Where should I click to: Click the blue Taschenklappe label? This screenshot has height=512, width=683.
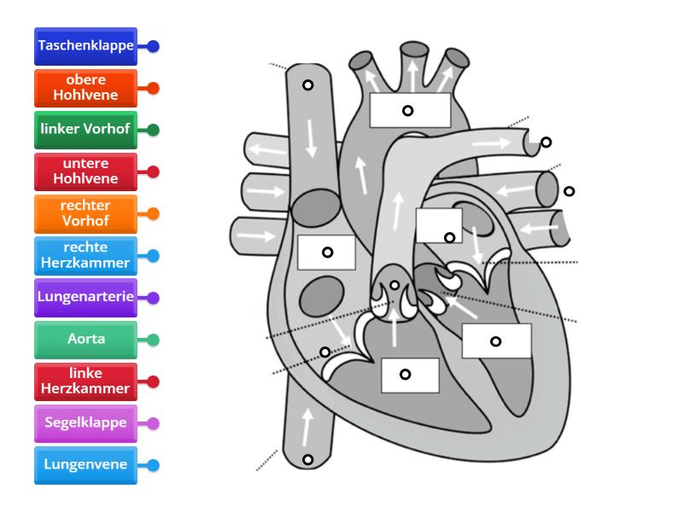(x=85, y=47)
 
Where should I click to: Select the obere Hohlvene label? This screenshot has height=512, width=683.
(x=85, y=88)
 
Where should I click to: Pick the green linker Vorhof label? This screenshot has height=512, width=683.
(x=85, y=130)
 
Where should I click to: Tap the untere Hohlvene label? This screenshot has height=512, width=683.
(x=85, y=172)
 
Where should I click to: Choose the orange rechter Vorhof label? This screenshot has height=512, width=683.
(x=85, y=213)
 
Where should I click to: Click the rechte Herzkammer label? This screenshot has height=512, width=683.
(x=85, y=255)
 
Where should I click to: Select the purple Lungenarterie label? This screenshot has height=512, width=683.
(x=85, y=298)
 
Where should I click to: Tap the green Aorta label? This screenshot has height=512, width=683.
(x=85, y=340)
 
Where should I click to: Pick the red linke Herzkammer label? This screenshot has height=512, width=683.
(x=85, y=381)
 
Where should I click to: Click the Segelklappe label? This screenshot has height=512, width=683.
(x=85, y=423)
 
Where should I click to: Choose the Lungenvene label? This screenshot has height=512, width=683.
(x=85, y=465)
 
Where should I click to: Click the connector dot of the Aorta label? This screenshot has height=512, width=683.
(x=153, y=340)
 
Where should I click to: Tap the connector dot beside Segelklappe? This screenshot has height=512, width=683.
(x=153, y=423)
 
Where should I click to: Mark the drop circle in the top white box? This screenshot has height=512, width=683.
(x=408, y=110)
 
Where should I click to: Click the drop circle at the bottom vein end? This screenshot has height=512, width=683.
(x=307, y=461)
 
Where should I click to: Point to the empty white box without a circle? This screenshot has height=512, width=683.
(x=439, y=225)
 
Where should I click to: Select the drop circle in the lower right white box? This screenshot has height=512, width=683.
(x=495, y=341)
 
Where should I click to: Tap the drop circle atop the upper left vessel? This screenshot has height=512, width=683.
(x=307, y=85)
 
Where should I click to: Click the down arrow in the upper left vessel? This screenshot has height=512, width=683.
(x=311, y=137)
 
